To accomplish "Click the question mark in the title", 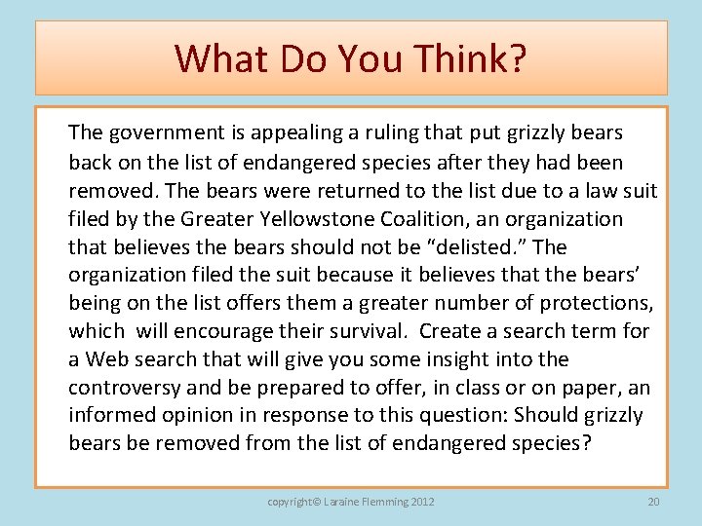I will click(x=517, y=59).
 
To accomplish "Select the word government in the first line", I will click(x=154, y=131).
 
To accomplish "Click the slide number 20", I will click(x=653, y=502).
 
